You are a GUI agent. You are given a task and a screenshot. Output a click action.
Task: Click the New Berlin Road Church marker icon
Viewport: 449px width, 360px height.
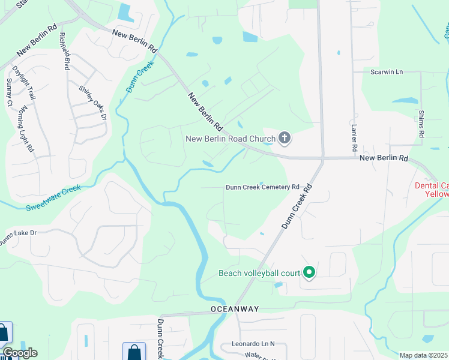(284, 139)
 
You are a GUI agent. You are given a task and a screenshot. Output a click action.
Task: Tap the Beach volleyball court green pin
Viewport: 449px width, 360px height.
(309, 273)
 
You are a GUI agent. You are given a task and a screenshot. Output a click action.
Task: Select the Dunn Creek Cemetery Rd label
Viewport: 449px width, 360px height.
(262, 187)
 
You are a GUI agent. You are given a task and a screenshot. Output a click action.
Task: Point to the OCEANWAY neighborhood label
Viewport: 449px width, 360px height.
(235, 309)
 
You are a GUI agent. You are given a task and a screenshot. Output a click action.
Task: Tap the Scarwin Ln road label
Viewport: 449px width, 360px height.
(386, 72)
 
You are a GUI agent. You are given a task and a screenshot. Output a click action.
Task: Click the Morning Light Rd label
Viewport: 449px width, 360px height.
(25, 130)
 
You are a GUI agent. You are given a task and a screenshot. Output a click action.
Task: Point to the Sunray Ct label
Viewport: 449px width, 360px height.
(9, 92)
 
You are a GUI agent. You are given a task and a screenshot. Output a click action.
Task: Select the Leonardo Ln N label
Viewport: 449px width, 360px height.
(253, 344)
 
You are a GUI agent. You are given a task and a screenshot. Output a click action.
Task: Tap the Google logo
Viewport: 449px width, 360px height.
(20, 353)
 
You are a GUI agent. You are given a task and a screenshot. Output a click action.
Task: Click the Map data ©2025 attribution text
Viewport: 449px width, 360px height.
(423, 356)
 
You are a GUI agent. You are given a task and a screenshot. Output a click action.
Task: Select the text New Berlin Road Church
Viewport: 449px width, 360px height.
(230, 139)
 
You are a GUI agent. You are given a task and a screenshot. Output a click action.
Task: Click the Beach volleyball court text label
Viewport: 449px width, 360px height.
(259, 274)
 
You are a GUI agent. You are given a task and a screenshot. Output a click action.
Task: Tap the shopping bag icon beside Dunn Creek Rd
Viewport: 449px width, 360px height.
(134, 352)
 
